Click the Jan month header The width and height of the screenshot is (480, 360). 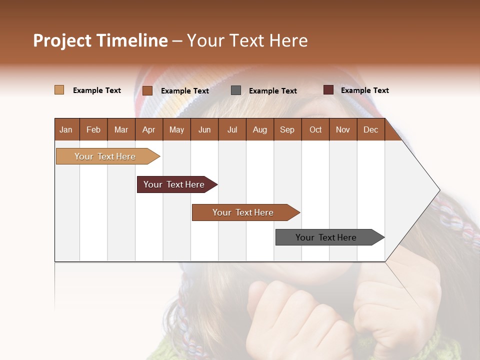pyautogui.click(x=66, y=129)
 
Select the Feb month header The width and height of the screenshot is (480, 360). pyautogui.click(x=93, y=129)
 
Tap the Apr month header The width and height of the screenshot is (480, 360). pyautogui.click(x=149, y=129)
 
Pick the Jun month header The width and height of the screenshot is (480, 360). pyautogui.click(x=204, y=129)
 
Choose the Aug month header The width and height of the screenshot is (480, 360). pyautogui.click(x=260, y=129)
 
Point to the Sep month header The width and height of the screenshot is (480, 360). pyautogui.click(x=287, y=129)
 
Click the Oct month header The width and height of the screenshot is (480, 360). pyautogui.click(x=315, y=129)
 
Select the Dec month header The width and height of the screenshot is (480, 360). pyautogui.click(x=371, y=129)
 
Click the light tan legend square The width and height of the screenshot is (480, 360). pyautogui.click(x=59, y=90)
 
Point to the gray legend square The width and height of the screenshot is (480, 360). pyautogui.click(x=236, y=90)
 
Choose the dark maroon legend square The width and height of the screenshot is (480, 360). pyautogui.click(x=328, y=90)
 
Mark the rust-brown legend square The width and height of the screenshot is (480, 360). pyautogui.click(x=147, y=90)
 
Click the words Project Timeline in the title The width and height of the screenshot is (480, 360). pyautogui.click(x=100, y=40)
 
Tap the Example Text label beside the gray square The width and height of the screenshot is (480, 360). pyautogui.click(x=273, y=90)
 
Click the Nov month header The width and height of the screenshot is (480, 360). pyautogui.click(x=343, y=129)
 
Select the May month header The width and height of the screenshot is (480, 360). pyautogui.click(x=176, y=129)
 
